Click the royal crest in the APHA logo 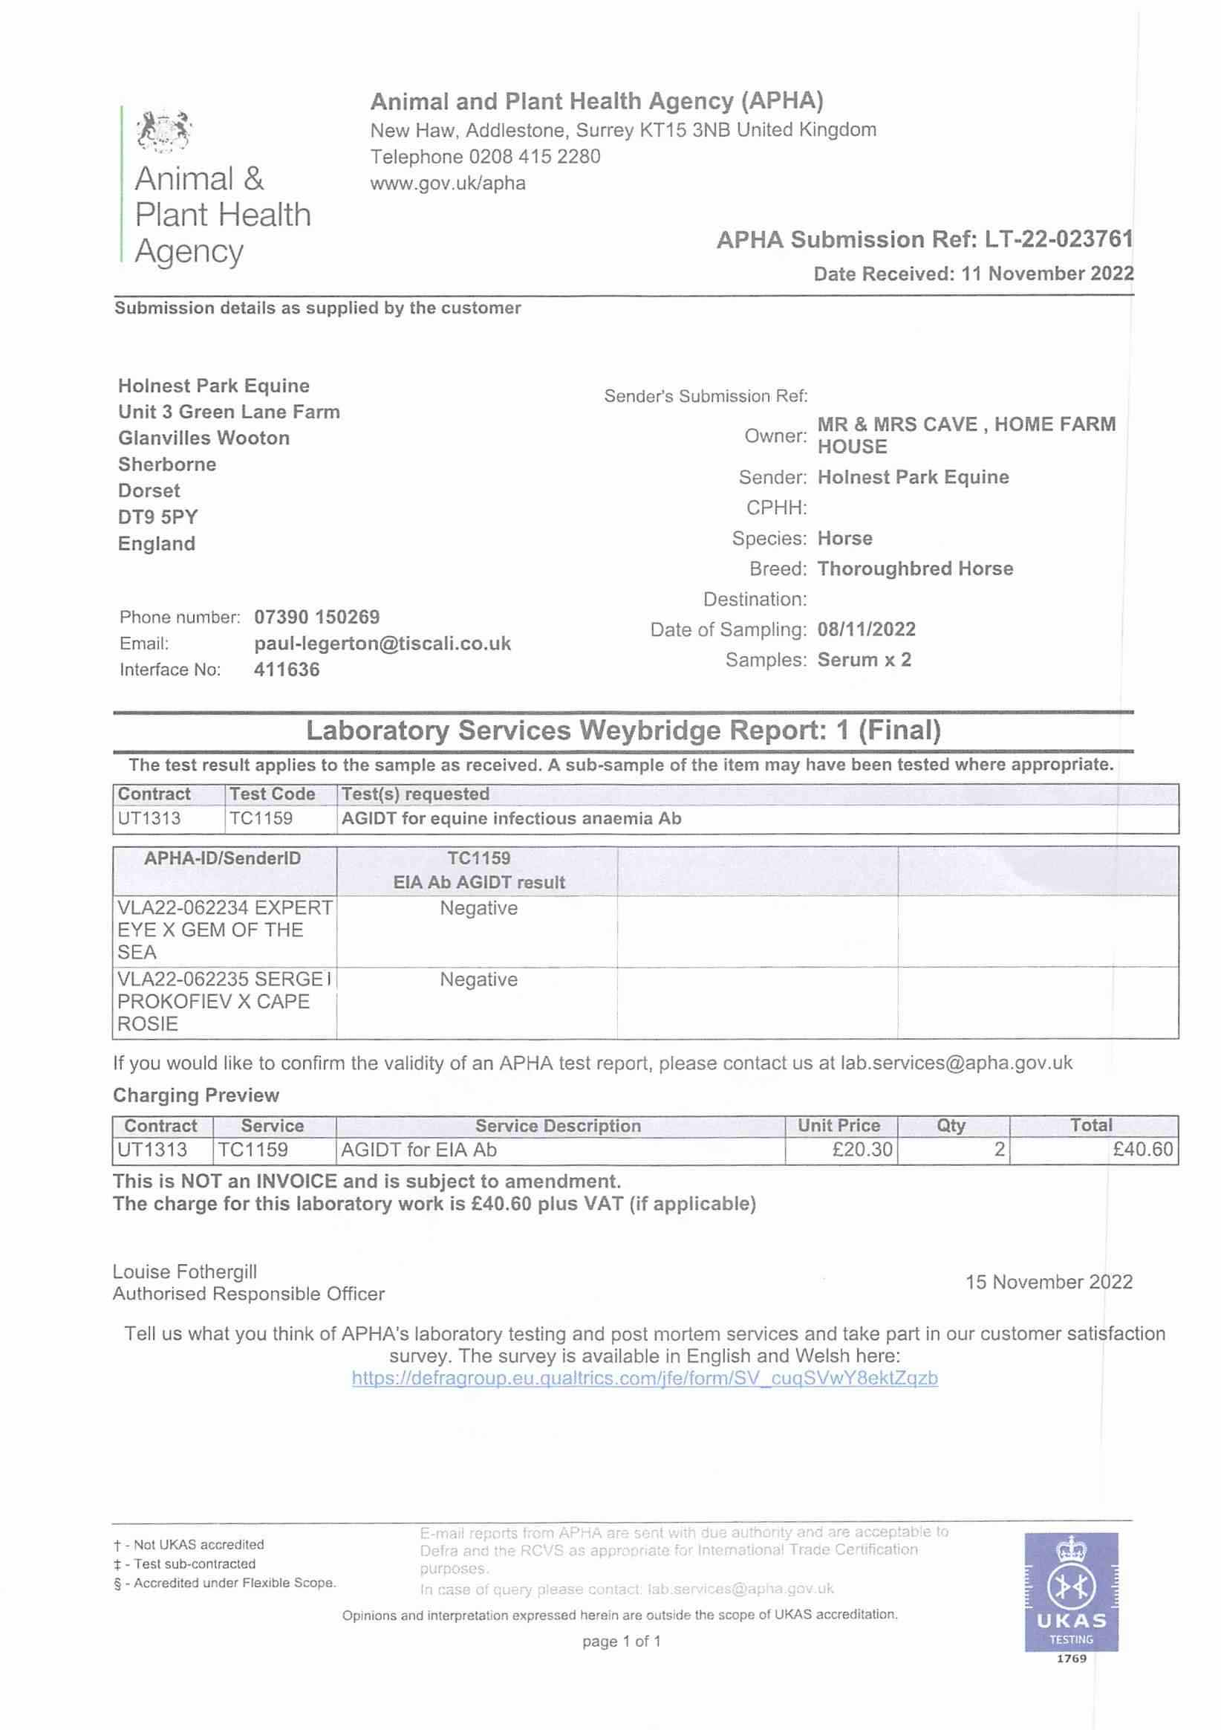click(163, 129)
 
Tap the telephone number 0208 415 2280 click(534, 157)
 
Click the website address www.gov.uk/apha click(447, 183)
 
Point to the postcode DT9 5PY click(157, 517)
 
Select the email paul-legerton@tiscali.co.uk click(382, 644)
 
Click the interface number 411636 click(286, 670)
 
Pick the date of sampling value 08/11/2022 click(866, 629)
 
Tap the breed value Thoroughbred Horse click(915, 568)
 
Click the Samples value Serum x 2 click(864, 659)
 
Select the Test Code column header click(272, 794)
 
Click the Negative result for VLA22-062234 click(478, 908)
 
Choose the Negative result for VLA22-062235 click(478, 979)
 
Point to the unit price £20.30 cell click(862, 1149)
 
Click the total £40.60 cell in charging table click(1142, 1149)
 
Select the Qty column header click(951, 1126)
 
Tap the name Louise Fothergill click(184, 1272)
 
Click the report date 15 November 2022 click(1049, 1282)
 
